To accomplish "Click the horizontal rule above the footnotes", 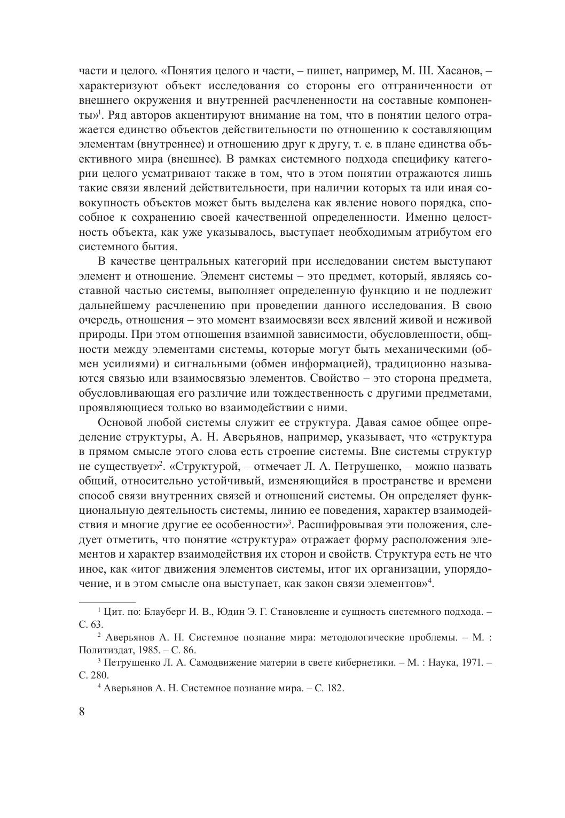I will pyautogui.click(x=107, y=601).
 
